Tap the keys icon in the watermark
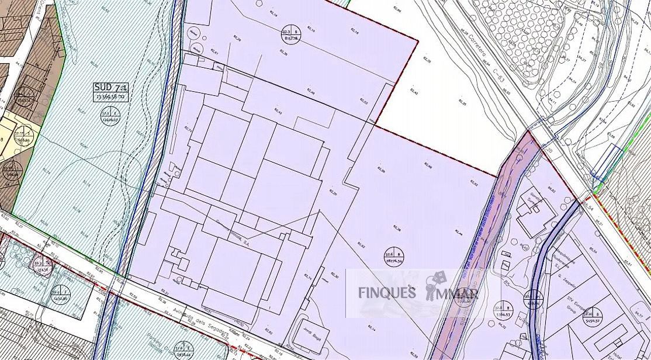pyautogui.click(x=435, y=286)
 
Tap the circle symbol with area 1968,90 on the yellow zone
pyautogui.click(x=23, y=136)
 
